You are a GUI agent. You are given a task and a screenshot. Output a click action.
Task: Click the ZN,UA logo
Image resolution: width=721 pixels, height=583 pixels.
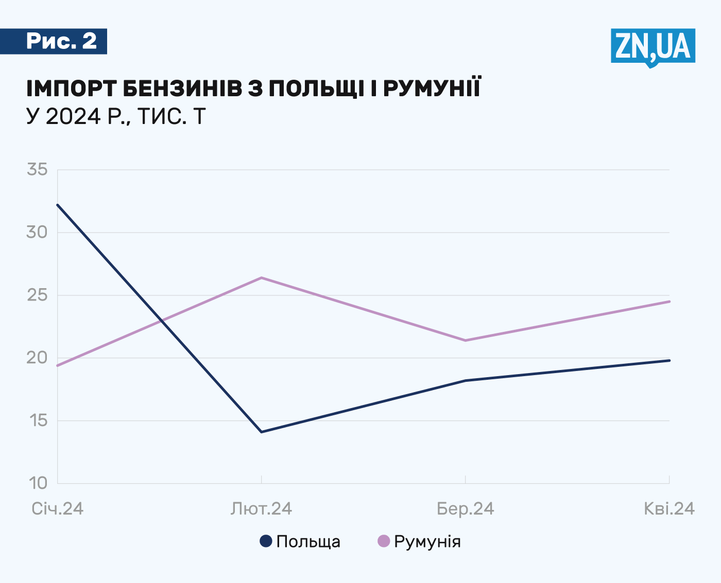(653, 46)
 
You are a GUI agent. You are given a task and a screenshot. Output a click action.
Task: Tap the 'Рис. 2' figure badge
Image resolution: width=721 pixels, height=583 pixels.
(61, 41)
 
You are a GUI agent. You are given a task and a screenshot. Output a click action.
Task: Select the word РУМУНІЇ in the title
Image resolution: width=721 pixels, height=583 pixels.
(432, 89)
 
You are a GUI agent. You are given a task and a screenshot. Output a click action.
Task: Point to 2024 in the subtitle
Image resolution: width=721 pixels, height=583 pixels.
(73, 117)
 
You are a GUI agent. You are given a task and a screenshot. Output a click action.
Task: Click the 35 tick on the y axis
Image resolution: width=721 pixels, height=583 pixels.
(37, 169)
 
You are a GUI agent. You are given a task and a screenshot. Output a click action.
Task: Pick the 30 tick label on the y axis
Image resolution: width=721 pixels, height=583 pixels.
(37, 232)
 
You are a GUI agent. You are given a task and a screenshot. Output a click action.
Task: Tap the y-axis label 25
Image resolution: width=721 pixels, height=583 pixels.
(37, 295)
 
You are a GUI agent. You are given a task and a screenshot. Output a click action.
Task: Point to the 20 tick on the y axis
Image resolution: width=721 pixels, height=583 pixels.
(37, 358)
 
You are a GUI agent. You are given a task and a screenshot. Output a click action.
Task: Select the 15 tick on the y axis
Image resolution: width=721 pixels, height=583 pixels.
(37, 420)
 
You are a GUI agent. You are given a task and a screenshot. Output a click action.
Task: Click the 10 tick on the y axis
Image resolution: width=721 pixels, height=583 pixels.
(37, 483)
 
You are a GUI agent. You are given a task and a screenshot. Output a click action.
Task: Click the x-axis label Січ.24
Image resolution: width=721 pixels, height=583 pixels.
(58, 509)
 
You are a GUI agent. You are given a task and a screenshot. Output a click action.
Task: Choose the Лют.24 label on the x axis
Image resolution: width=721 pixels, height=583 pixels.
(261, 509)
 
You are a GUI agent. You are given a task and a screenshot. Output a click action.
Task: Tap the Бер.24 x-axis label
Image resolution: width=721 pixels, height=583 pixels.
(465, 509)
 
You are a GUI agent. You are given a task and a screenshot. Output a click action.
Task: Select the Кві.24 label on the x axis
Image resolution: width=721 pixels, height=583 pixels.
(669, 509)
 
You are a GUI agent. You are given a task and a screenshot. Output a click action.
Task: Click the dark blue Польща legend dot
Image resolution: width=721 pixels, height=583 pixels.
(266, 541)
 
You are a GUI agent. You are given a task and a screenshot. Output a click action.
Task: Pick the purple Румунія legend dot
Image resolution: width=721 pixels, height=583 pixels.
(384, 541)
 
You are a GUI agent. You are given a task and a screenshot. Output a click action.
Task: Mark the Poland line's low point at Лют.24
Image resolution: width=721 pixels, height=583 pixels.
(262, 432)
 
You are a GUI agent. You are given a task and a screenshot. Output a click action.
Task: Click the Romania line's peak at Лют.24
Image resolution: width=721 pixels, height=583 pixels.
(262, 278)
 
